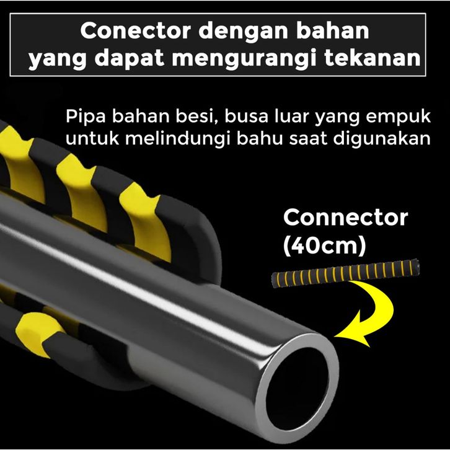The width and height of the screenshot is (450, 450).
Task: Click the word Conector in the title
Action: pos(136,31)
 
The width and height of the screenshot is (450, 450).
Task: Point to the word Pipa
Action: pos(86,117)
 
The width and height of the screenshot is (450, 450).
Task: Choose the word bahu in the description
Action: pos(260,139)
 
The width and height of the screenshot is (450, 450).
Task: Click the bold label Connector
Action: pos(345,218)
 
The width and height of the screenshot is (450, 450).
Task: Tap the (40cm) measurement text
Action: pos(325,245)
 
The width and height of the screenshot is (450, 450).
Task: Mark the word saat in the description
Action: pos(308,139)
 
